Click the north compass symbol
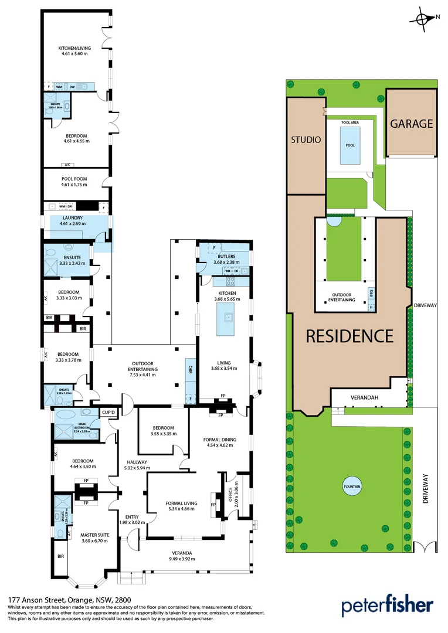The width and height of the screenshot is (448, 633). coord(423,19)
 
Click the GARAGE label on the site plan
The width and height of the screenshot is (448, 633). coord(412,124)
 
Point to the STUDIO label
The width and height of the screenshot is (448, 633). coord(306,140)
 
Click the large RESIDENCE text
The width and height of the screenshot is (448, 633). coord(349,336)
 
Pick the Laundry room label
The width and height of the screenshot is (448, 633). coord(73,218)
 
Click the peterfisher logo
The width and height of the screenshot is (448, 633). coord(388,605)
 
